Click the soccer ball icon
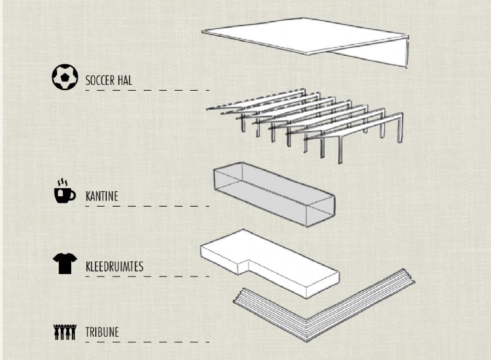click(x=65, y=77)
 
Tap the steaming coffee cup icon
click(x=64, y=191)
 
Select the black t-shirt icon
click(x=65, y=263)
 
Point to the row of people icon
click(x=65, y=332)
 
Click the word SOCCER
click(x=100, y=80)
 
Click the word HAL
click(x=125, y=80)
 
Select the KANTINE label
click(x=102, y=196)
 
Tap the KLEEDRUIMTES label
click(x=115, y=267)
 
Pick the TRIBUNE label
click(x=102, y=332)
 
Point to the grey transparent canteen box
click(x=274, y=194)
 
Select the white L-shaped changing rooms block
click(x=269, y=263)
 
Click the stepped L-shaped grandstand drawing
click(x=324, y=305)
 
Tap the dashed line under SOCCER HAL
click(x=147, y=90)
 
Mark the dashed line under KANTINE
click(x=147, y=206)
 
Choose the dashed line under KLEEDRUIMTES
click(x=147, y=277)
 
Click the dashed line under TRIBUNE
click(x=147, y=342)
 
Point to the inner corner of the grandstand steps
click(x=307, y=320)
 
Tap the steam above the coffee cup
click(x=63, y=182)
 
